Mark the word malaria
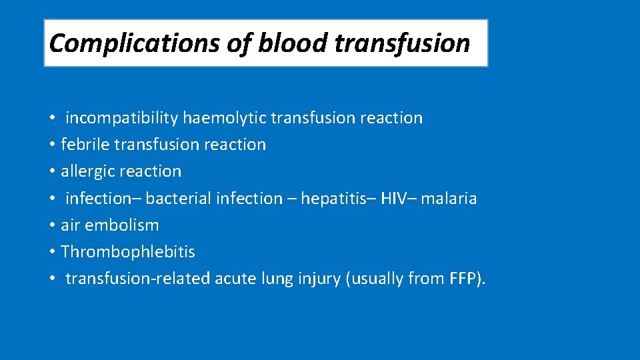click(x=449, y=198)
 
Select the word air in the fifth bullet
click(x=69, y=225)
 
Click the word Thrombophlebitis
click(x=128, y=252)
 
